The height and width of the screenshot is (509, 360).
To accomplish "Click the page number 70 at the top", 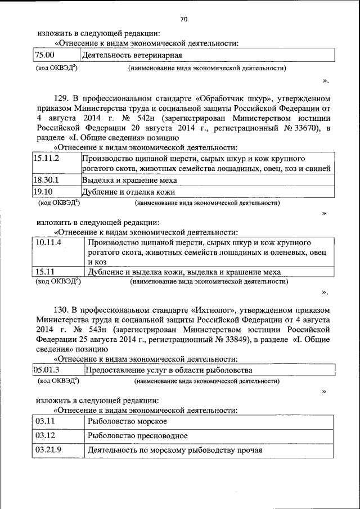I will coord(183,20).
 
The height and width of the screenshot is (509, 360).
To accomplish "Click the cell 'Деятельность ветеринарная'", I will coord(132,55).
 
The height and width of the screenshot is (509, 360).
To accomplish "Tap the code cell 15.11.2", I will coord(47,159).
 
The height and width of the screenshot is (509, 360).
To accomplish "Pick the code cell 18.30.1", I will coord(46,180).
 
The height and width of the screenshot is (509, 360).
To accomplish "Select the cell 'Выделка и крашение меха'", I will coord(129,180).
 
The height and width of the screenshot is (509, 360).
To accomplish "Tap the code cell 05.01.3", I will coord(47,370).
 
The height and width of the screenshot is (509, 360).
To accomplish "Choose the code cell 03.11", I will coord(45,421).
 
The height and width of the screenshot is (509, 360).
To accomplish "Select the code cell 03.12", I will coord(45,435).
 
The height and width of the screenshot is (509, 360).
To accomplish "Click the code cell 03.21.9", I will coord(48,450).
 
